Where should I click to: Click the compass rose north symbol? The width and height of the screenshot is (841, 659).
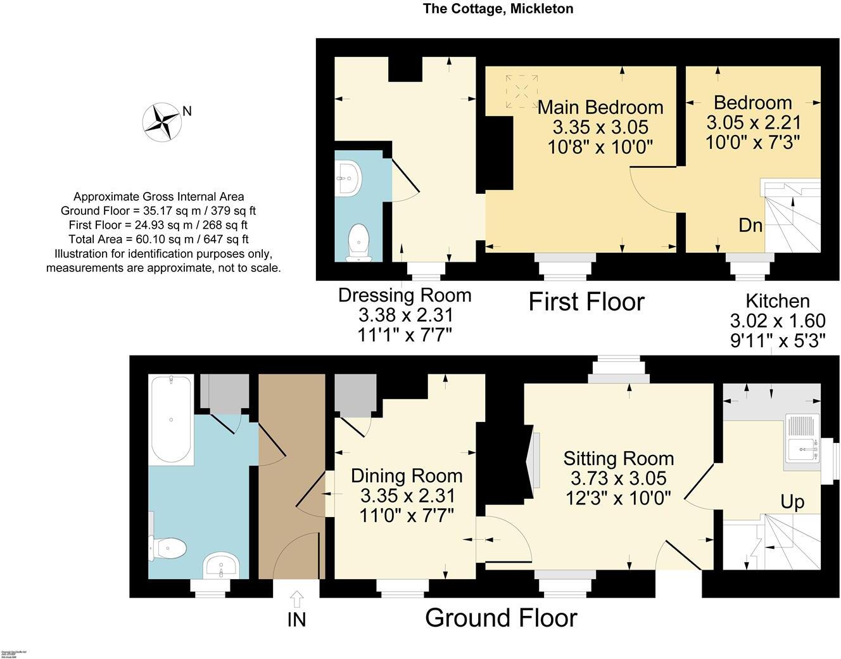point(163,122)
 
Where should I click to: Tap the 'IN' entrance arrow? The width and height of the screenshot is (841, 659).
point(296,599)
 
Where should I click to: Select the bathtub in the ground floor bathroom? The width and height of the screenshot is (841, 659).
point(170,419)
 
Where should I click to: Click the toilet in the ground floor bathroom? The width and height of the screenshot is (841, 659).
point(168,547)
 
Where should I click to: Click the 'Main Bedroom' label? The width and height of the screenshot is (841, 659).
point(600,107)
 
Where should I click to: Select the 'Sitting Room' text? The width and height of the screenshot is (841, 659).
point(618,458)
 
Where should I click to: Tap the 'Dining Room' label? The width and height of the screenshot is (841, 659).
point(407,476)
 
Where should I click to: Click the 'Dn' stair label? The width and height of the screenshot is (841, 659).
point(750,225)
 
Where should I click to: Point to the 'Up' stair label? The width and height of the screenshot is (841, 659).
point(792,502)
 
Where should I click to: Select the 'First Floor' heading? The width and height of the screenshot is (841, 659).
point(586,302)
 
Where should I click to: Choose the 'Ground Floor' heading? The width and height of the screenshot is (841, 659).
point(501,617)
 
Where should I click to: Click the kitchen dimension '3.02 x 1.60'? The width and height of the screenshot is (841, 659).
point(778,320)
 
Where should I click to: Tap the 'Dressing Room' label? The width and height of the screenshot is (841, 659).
point(405,295)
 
